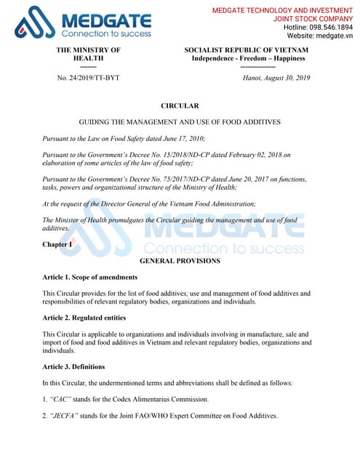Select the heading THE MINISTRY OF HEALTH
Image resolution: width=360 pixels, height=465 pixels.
click(x=88, y=54)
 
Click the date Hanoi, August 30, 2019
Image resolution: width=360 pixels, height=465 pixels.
click(x=276, y=78)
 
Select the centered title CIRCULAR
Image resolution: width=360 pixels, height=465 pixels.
click(x=180, y=106)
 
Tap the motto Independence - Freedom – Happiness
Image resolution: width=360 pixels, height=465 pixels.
click(x=248, y=58)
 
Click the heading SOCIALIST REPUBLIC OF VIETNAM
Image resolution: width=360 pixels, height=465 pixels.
click(x=248, y=49)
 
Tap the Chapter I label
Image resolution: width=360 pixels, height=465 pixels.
click(x=57, y=245)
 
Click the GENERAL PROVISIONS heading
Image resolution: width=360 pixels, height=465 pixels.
click(x=180, y=260)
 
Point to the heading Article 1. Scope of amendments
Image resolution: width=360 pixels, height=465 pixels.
click(x=90, y=278)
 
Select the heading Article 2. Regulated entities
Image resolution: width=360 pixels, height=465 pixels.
click(x=84, y=318)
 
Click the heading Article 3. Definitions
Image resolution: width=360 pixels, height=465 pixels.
click(x=73, y=366)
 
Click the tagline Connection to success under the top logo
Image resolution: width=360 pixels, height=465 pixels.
click(x=106, y=33)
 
